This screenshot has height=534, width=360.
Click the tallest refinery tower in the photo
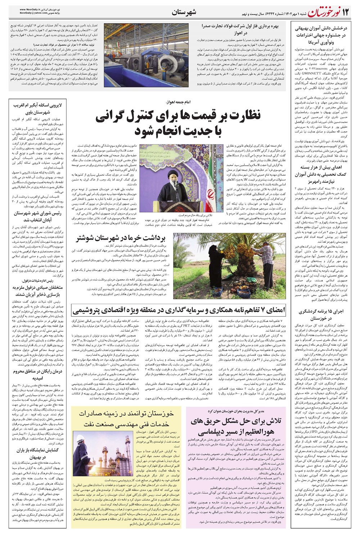pyautogui.click(x=128, y=447)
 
